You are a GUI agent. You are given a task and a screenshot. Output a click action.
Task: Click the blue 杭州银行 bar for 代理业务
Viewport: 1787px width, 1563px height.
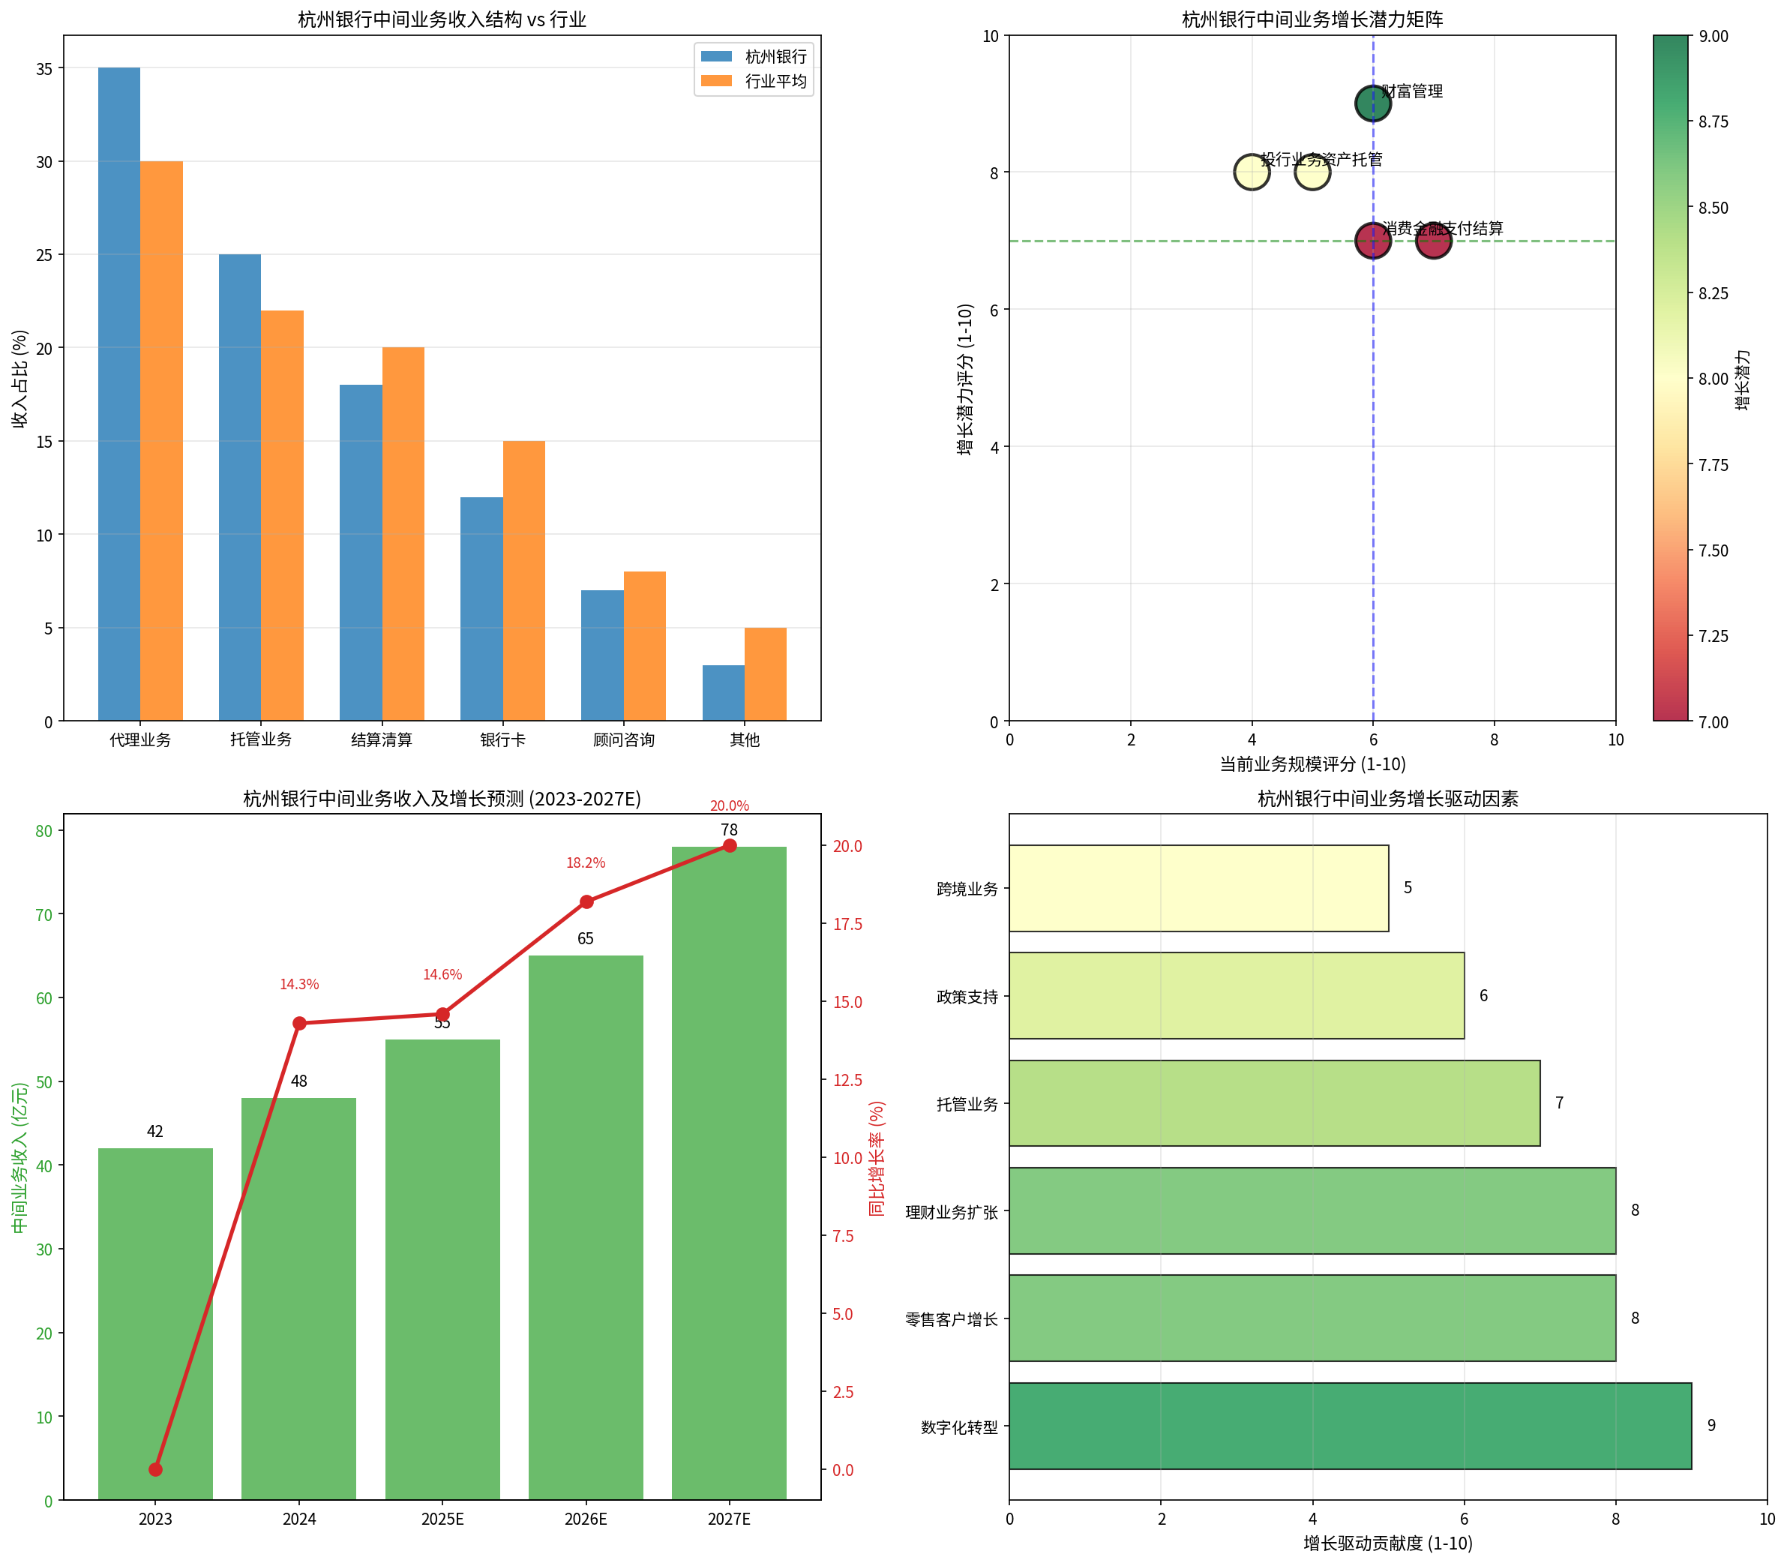tap(118, 393)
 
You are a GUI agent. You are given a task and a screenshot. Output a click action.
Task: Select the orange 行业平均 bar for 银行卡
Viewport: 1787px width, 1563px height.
tap(523, 580)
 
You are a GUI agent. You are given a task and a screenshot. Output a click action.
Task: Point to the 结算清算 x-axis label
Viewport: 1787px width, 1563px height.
tap(381, 739)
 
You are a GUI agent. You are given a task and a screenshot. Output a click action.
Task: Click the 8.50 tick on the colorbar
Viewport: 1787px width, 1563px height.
tap(1713, 208)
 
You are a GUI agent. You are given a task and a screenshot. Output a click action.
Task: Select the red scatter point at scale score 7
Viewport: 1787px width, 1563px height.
tap(1433, 241)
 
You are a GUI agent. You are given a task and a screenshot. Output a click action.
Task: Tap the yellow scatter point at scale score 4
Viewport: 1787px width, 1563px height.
tap(1252, 172)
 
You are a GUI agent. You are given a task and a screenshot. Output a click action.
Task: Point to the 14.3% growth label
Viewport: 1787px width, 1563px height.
tap(299, 984)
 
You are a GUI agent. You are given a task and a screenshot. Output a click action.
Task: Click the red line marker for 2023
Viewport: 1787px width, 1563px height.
tap(155, 1470)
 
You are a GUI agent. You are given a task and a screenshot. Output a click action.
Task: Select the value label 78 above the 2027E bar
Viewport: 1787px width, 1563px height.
tap(729, 829)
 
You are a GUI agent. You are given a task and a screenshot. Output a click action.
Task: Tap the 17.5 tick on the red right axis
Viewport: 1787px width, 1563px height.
tap(847, 924)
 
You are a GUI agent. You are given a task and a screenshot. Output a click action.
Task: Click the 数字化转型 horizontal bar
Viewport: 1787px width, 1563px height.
tap(1349, 1426)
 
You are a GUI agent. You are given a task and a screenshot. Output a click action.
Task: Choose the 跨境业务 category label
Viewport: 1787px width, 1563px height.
tap(967, 889)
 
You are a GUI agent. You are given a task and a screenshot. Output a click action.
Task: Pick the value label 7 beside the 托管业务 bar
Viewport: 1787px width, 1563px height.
tap(1559, 1103)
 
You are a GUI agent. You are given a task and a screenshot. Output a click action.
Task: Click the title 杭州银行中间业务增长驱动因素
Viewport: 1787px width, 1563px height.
tap(1387, 798)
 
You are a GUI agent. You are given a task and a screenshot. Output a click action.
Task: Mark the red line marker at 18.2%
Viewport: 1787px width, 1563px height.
tap(586, 901)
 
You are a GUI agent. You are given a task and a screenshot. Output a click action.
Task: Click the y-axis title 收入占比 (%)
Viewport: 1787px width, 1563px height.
tap(19, 379)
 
